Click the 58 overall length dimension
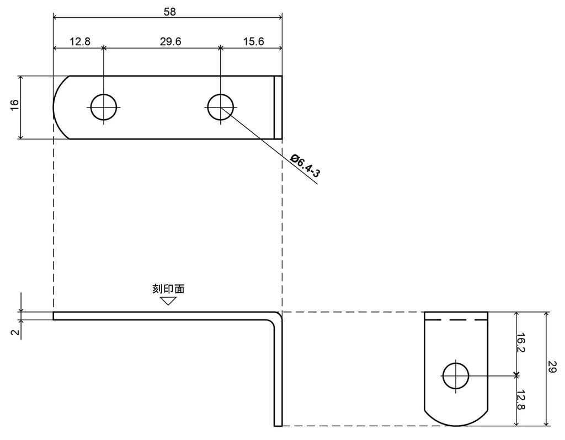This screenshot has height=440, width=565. point(169,12)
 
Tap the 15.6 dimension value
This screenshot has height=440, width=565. point(253,42)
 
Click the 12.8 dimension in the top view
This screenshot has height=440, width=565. point(80,42)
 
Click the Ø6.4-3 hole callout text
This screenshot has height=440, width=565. point(306,166)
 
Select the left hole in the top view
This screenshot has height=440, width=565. point(104,107)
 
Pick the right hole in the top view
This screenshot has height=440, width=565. point(221,107)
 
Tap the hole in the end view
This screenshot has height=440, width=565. point(455,376)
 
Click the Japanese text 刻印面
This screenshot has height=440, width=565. point(168,288)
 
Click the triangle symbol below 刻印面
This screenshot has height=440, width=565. point(168,301)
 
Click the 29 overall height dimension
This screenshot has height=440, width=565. point(552,368)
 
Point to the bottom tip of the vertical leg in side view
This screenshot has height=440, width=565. point(278,425)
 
